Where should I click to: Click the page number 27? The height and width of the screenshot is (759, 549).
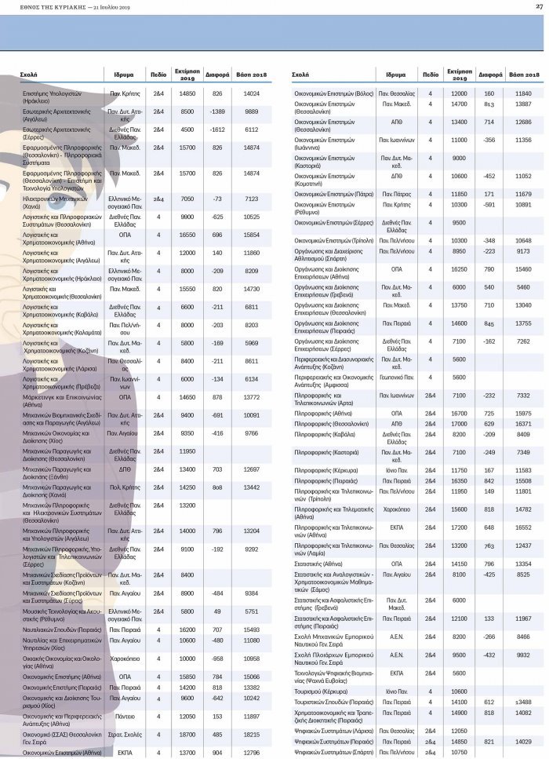click(540, 7)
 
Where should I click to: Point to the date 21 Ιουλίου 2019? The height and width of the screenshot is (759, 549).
click(107, 7)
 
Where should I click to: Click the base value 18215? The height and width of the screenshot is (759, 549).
click(252, 734)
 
